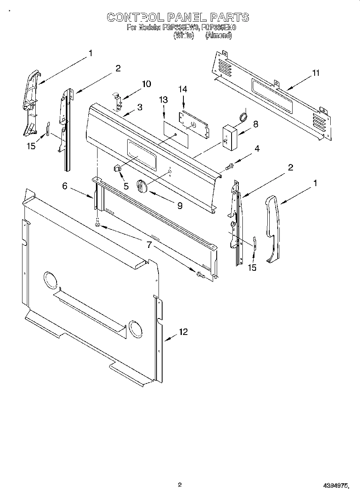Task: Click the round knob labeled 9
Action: [x=141, y=185]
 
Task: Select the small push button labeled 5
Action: [x=118, y=168]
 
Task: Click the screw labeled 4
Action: [x=229, y=166]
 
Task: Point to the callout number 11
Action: [x=316, y=73]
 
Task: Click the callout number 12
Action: [x=183, y=332]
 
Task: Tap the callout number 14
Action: [x=183, y=89]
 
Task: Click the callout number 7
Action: [x=149, y=245]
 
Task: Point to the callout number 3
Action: [x=139, y=107]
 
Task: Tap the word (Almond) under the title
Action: [x=218, y=35]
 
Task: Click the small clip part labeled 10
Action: [x=117, y=101]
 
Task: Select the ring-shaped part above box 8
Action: [x=243, y=117]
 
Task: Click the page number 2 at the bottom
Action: [x=180, y=485]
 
